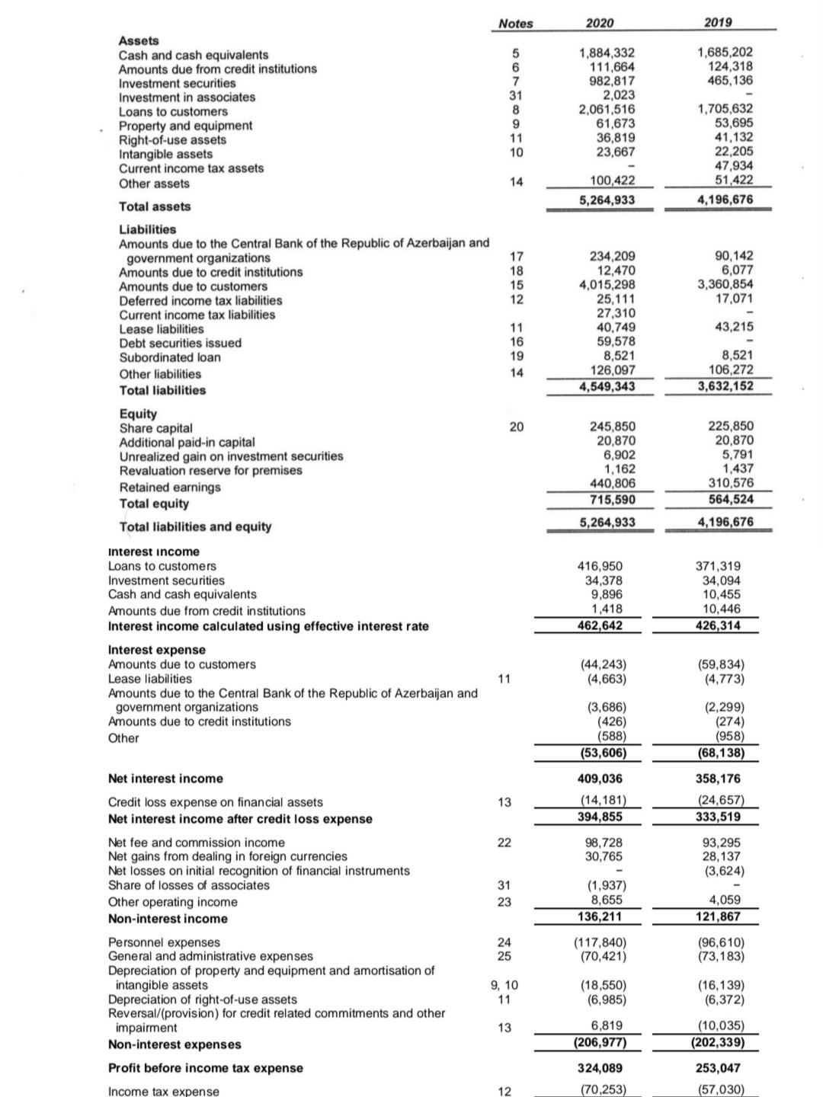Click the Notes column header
515,24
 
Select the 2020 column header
600,23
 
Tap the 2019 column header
718,22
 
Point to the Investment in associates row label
187,97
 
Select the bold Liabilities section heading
147,229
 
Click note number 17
516,257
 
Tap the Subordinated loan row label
169,357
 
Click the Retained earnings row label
169,487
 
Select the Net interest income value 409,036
597,779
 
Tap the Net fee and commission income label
196,843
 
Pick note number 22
504,843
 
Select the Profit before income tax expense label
205,1068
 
